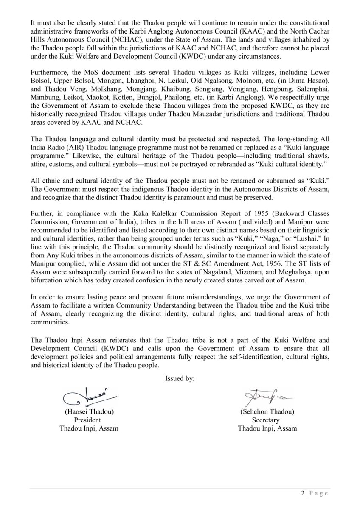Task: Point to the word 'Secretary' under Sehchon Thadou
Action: coord(267,420)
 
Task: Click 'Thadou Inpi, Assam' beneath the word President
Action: coord(89,428)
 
